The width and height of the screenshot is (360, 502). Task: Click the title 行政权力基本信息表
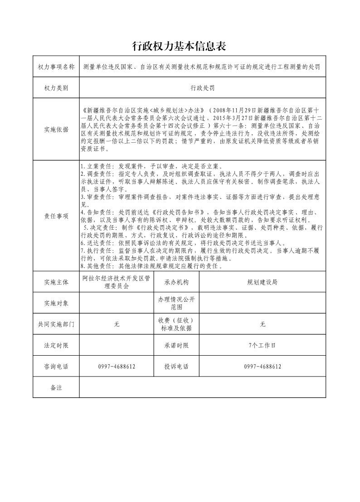coord(179,46)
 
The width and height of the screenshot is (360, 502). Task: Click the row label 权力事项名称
coord(56,67)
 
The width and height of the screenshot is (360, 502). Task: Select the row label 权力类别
coord(56,88)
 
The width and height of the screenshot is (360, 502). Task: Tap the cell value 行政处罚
coord(202,88)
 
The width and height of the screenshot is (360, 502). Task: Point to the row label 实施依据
coord(56,129)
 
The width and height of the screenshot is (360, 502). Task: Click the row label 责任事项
coord(56,216)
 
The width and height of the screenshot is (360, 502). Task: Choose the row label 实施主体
coord(56,282)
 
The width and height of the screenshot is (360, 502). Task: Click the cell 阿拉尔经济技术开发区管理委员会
coord(117,282)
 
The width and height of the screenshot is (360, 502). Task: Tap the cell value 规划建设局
coord(262,282)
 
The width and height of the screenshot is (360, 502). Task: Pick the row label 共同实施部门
coord(56,324)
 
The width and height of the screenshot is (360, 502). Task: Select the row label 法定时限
coord(56,346)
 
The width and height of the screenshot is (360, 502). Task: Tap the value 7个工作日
coord(262,346)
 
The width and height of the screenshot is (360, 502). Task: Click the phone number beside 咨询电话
coord(117,367)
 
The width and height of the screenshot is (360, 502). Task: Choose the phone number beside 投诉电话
coord(262,367)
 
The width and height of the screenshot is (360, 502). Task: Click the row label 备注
coord(56,388)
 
